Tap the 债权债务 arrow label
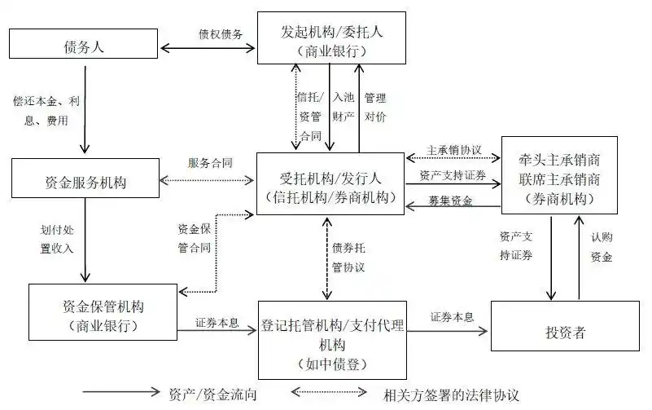pyautogui.click(x=220, y=34)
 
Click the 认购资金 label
pyautogui.click(x=602, y=247)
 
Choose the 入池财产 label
pyautogui.click(x=344, y=106)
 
